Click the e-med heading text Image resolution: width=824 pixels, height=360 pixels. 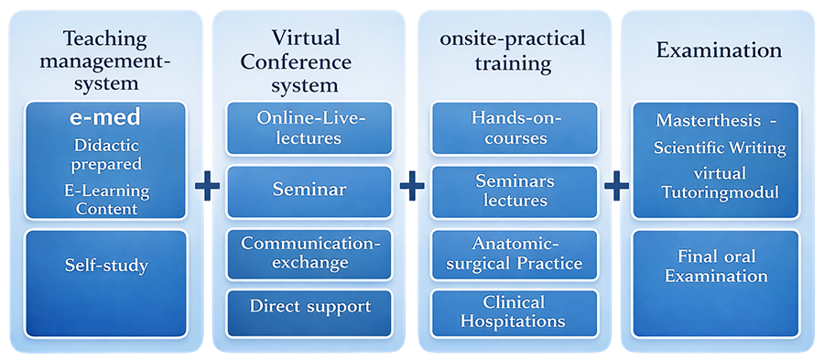pyautogui.click(x=105, y=117)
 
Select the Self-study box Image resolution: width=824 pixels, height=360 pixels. pyautogui.click(x=105, y=283)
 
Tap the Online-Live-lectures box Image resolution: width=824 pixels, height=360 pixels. pyautogui.click(x=309, y=129)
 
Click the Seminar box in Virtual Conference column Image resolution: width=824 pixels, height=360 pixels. pyautogui.click(x=309, y=191)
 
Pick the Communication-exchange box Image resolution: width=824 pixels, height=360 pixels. pyautogui.click(x=309, y=255)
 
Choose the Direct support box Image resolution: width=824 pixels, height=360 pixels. pyautogui.click(x=309, y=313)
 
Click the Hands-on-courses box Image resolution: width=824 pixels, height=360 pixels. pyautogui.click(x=515, y=129)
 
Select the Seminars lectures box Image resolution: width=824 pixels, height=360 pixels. pyautogui.click(x=515, y=191)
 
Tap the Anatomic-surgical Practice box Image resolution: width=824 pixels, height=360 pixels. pyautogui.click(x=515, y=255)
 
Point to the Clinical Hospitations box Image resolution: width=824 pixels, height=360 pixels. pyautogui.click(x=515, y=313)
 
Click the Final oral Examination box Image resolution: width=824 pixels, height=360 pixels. pyautogui.click(x=716, y=283)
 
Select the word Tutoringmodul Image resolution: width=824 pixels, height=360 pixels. pyautogui.click(x=720, y=193)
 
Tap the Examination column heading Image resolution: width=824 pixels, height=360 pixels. pyautogui.click(x=719, y=51)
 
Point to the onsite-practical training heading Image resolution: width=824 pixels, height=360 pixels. pyautogui.click(x=514, y=51)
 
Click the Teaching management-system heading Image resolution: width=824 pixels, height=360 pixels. pyautogui.click(x=105, y=61)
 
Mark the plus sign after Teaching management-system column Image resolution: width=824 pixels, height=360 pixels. pyautogui.click(x=208, y=188)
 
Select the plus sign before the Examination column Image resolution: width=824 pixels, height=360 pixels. pyautogui.click(x=616, y=188)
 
